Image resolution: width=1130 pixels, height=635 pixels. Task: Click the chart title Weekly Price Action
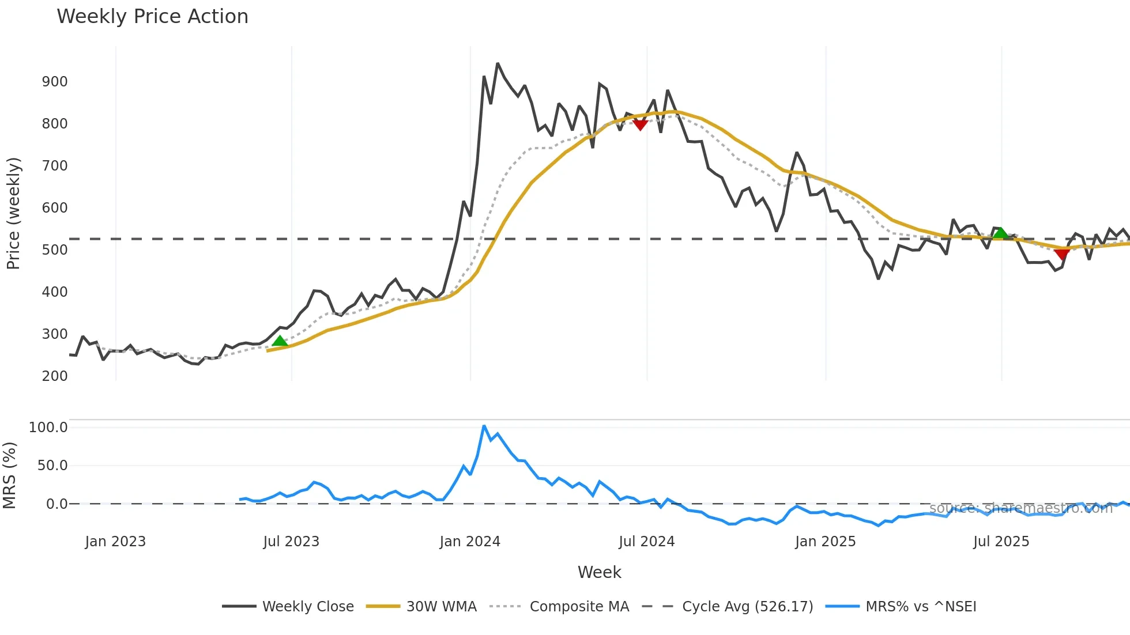tap(152, 17)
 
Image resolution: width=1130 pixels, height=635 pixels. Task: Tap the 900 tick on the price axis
tap(55, 82)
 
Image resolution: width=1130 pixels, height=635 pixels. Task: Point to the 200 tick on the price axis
tap(55, 376)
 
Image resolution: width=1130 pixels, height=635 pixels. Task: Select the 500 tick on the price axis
tap(55, 250)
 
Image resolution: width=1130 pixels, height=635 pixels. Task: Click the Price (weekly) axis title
tap(13, 213)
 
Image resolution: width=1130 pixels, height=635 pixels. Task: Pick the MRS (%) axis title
tap(9, 475)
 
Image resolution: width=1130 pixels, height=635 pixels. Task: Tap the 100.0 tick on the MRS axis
tap(48, 428)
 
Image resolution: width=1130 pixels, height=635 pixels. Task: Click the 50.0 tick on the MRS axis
tap(52, 466)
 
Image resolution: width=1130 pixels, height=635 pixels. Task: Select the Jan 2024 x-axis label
tap(470, 542)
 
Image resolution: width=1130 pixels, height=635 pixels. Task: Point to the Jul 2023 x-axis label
tap(291, 542)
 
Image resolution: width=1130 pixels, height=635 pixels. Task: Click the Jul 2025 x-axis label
tap(1001, 542)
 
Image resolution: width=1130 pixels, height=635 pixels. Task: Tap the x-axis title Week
tap(600, 572)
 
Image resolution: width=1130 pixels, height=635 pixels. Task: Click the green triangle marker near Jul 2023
tap(280, 341)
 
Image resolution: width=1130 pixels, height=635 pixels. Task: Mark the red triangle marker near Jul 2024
tap(640, 125)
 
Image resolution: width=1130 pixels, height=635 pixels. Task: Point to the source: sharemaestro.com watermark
tap(1020, 508)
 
